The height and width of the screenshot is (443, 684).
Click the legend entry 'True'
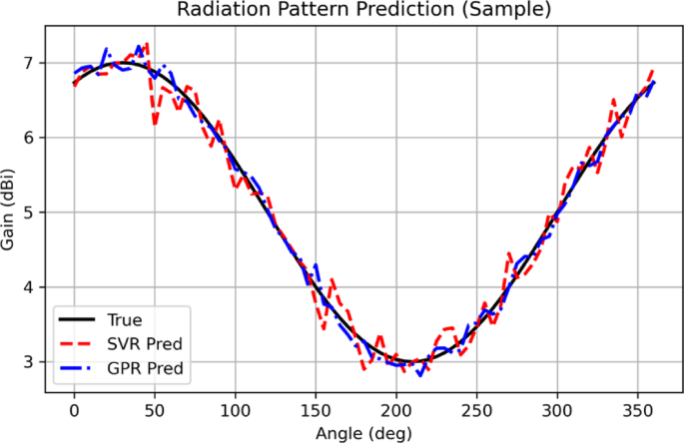click(x=128, y=321)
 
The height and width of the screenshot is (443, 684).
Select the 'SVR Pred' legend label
click(x=146, y=344)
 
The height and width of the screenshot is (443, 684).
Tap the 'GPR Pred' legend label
click(x=146, y=367)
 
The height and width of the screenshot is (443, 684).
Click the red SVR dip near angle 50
click(x=155, y=123)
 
